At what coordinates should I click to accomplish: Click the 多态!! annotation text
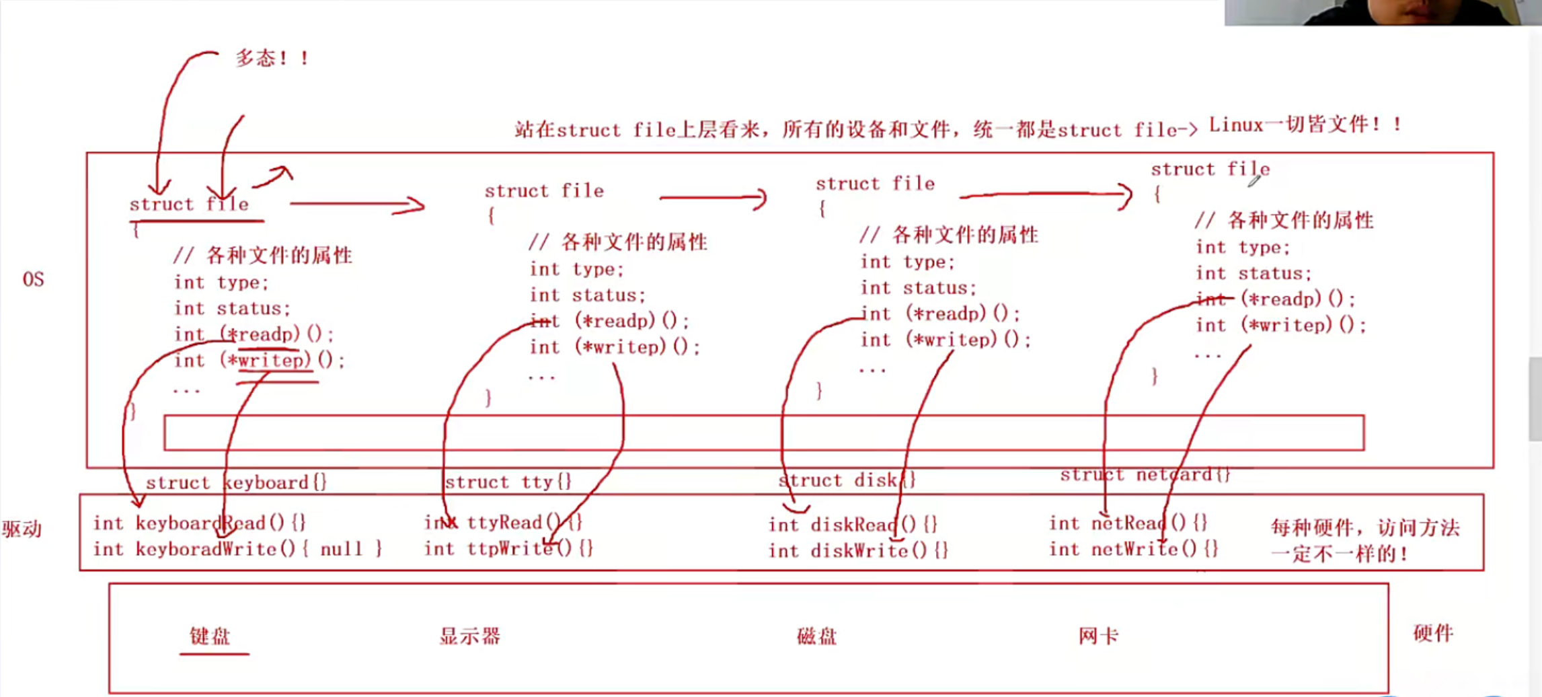click(x=271, y=59)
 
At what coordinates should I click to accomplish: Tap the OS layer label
click(x=33, y=279)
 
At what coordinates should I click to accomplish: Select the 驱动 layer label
click(x=22, y=529)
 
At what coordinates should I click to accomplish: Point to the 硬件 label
click(x=1432, y=633)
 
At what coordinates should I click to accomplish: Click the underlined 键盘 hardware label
click(x=210, y=636)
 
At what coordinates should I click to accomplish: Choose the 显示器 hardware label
click(x=469, y=636)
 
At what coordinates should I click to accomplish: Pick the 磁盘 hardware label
click(x=816, y=636)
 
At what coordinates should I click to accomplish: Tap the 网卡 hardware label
click(x=1097, y=636)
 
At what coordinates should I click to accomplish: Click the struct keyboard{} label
click(x=236, y=482)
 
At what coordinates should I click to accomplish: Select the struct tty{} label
click(x=508, y=482)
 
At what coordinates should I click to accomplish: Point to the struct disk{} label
click(x=847, y=480)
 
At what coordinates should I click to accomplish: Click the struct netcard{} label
click(x=1145, y=475)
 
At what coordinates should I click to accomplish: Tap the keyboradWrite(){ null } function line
click(x=237, y=549)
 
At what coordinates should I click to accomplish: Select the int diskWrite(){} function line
click(x=858, y=551)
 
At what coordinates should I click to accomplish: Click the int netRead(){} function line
click(x=1128, y=523)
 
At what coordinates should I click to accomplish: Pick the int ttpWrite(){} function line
click(x=508, y=548)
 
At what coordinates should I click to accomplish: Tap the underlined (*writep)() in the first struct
click(x=276, y=361)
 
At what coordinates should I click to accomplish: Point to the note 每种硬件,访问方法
click(x=1365, y=528)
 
